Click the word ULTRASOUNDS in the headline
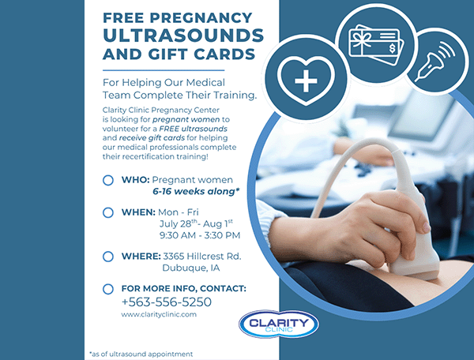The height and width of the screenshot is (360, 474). coord(183,36)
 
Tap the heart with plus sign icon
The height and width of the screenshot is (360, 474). coord(306,81)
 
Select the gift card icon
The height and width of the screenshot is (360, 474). coord(376,45)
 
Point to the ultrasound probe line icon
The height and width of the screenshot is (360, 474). coord(434,62)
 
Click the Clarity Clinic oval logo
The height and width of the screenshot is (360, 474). coord(279,324)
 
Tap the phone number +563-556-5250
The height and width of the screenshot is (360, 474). coord(166,302)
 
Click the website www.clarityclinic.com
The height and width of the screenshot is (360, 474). coord(159,314)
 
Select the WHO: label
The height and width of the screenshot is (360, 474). coord(135,180)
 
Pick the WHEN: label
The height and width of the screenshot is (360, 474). coord(138,212)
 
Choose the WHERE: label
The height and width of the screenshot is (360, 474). coord(141,256)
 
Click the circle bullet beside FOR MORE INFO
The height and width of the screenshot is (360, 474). coord(108,289)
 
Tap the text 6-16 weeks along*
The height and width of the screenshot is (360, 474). coord(196,191)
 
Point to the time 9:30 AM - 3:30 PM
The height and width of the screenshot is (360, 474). coord(200,235)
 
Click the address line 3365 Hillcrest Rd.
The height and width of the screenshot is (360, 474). coord(202,256)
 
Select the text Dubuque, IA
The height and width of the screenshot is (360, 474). coord(190,268)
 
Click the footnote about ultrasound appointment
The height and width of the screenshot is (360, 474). coord(141,354)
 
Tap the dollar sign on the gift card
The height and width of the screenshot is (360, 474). coord(392,48)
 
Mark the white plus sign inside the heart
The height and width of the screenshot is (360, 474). coord(306,81)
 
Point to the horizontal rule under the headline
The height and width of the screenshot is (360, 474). coord(164,70)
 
